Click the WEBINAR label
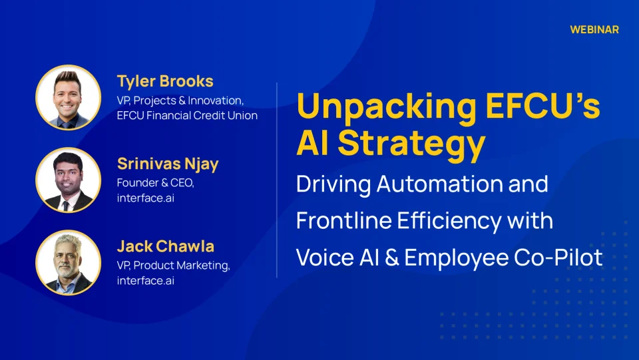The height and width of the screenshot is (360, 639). point(594,30)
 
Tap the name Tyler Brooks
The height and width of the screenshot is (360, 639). point(165,82)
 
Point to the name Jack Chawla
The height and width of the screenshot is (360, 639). point(165,246)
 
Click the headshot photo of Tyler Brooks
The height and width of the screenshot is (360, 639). point(69,97)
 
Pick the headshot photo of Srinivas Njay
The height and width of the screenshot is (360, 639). point(69,180)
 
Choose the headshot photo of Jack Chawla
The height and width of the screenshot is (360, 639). point(69,263)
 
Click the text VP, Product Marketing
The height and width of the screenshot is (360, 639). point(173,266)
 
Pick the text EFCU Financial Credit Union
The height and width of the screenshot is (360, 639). point(186,116)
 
